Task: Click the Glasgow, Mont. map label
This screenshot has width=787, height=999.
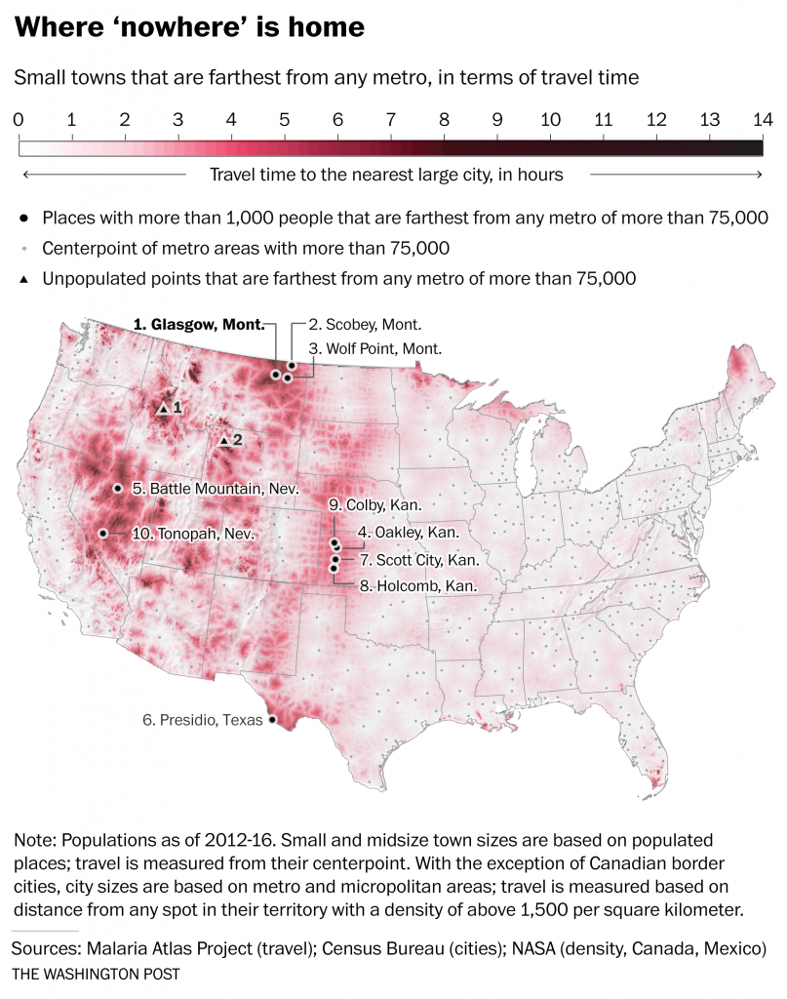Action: (x=199, y=326)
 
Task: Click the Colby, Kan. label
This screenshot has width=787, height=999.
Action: (x=376, y=505)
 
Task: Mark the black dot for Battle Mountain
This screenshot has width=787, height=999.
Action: (x=118, y=488)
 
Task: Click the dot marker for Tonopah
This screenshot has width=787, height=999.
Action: (x=102, y=534)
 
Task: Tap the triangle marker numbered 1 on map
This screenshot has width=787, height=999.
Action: (x=164, y=408)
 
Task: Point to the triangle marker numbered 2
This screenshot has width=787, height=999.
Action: (x=223, y=441)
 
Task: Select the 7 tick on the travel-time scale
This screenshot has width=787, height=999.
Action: (x=390, y=120)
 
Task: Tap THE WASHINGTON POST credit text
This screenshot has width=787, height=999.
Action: (x=97, y=975)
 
